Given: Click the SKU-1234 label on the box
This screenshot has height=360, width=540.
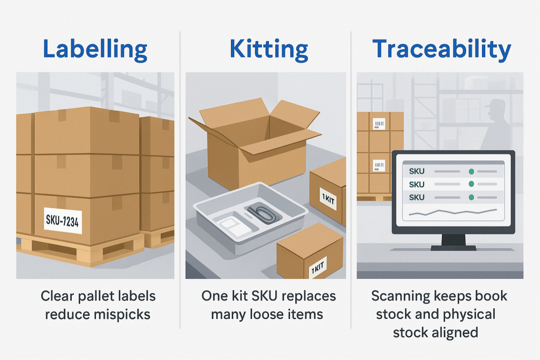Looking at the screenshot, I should click(62, 221).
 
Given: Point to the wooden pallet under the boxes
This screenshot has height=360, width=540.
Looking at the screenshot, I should click(79, 252).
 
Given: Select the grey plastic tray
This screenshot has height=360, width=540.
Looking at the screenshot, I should click(243, 216).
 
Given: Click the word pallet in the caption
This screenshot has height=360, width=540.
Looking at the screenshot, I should click(90, 296).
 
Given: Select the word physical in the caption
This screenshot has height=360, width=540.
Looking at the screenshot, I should click(468, 315).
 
